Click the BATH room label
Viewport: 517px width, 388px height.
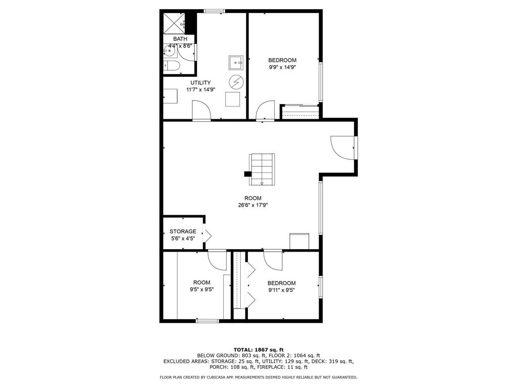click(x=180, y=39)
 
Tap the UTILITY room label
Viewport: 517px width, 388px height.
click(x=200, y=82)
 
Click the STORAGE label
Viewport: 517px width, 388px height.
click(x=183, y=231)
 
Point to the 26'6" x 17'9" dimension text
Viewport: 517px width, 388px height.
click(x=253, y=205)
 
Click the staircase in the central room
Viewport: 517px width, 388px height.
click(x=262, y=169)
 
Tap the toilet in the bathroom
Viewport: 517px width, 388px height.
click(x=172, y=66)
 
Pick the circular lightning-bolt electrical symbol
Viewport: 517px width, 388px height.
click(x=236, y=82)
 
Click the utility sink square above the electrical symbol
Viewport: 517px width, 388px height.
click(x=236, y=63)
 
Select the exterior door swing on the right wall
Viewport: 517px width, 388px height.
click(x=343, y=148)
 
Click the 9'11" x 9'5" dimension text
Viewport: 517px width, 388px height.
click(x=281, y=290)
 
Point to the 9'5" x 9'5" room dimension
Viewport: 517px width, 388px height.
click(x=202, y=289)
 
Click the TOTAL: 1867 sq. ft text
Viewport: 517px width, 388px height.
click(x=258, y=350)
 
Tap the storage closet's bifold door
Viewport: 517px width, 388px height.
click(x=207, y=235)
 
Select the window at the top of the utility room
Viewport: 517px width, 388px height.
click(x=214, y=11)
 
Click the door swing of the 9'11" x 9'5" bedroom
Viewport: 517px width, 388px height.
click(x=273, y=260)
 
